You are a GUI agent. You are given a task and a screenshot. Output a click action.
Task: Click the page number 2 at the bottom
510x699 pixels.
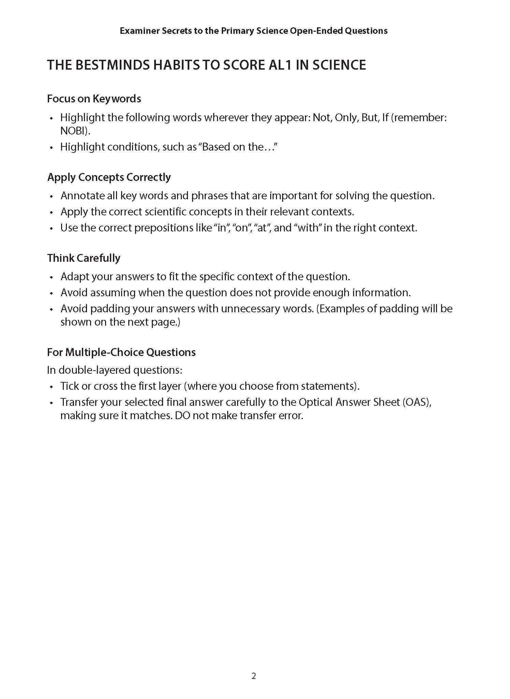[253, 676]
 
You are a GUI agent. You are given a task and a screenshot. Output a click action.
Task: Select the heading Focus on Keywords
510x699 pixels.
[94, 99]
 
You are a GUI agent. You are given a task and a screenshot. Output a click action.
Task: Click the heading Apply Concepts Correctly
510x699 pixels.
[109, 177]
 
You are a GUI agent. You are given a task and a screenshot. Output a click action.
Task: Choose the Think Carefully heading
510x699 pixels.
[84, 258]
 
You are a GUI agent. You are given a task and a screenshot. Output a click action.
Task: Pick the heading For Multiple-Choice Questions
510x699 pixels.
[121, 352]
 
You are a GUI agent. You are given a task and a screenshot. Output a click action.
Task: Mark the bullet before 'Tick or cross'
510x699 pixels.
[52, 387]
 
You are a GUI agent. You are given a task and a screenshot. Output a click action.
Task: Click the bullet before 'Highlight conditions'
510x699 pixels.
[52, 147]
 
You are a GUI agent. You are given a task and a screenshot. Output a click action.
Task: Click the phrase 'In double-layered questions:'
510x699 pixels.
[115, 370]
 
